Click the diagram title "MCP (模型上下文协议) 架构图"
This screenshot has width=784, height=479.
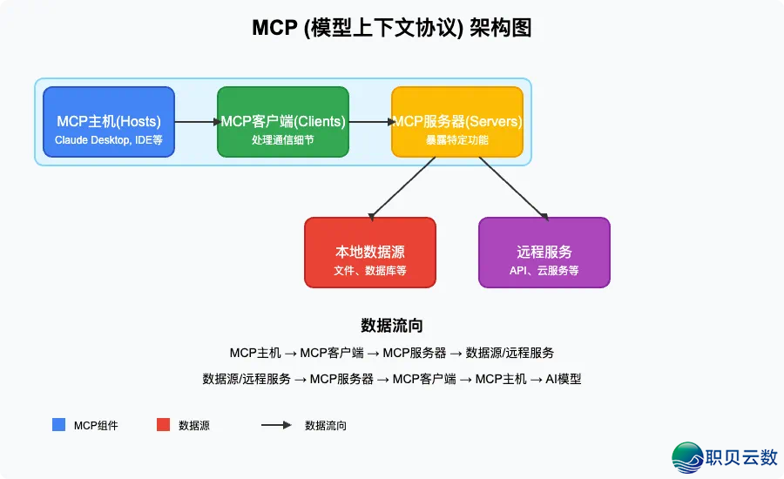pyautogui.click(x=391, y=28)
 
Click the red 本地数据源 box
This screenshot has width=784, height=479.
pyautogui.click(x=370, y=252)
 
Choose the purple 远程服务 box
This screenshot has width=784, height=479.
pyautogui.click(x=544, y=252)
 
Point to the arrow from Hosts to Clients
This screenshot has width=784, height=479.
pyautogui.click(x=196, y=122)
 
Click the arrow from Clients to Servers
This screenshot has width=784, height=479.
pyautogui.click(x=370, y=122)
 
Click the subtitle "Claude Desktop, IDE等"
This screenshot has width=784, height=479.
pyautogui.click(x=109, y=139)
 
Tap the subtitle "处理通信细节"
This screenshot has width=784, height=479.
pyautogui.click(x=283, y=139)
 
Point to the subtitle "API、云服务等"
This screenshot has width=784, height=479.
pyautogui.click(x=544, y=271)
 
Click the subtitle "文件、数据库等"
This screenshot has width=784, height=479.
pyautogui.click(x=370, y=271)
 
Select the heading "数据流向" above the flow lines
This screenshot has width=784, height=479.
pyautogui.click(x=391, y=326)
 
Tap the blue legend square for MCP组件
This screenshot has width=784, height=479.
pyautogui.click(x=59, y=425)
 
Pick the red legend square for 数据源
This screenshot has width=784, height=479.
pyautogui.click(x=163, y=425)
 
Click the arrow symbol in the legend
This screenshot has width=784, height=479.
pyautogui.click(x=276, y=425)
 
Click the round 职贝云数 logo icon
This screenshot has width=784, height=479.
pyautogui.click(x=688, y=457)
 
